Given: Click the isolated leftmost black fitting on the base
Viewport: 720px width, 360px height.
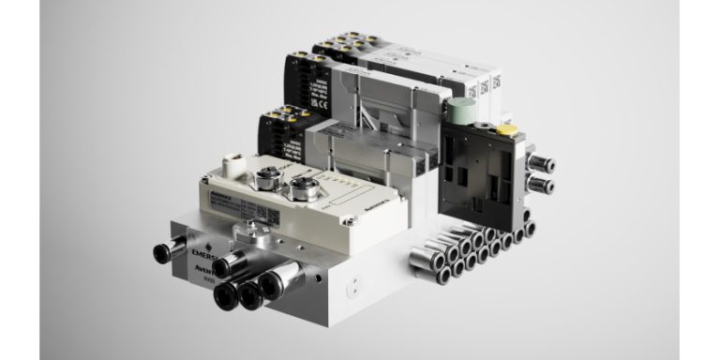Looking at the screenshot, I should (162, 251).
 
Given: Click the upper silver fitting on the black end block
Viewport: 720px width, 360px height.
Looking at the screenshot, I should (542, 165).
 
